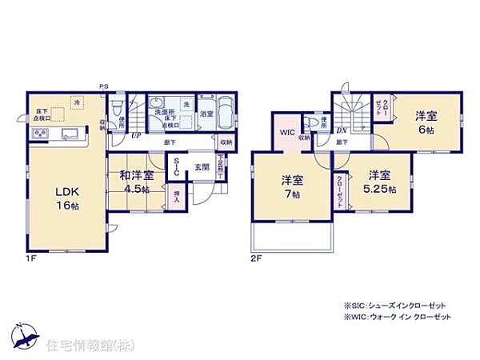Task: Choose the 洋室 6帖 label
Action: [424, 123]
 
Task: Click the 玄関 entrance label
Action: [201, 167]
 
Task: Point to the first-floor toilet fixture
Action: [118, 106]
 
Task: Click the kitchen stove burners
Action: [41, 134]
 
